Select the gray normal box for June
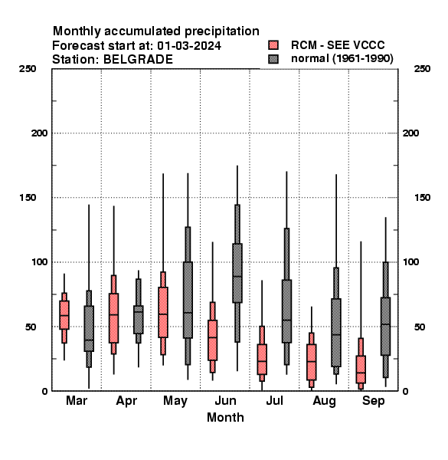click(x=237, y=273)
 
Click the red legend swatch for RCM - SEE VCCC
click(x=273, y=45)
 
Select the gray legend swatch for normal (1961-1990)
click(x=273, y=59)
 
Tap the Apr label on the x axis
click(x=126, y=401)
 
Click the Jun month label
click(x=225, y=400)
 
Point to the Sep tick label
click(x=373, y=401)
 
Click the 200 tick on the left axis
click(x=40, y=133)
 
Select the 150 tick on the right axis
click(x=422, y=198)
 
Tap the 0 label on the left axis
click(x=44, y=391)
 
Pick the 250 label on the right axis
click(x=422, y=69)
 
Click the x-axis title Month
click(x=225, y=418)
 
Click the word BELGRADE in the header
click(x=138, y=60)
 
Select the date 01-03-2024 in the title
click(x=189, y=46)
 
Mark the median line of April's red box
click(x=113, y=314)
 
